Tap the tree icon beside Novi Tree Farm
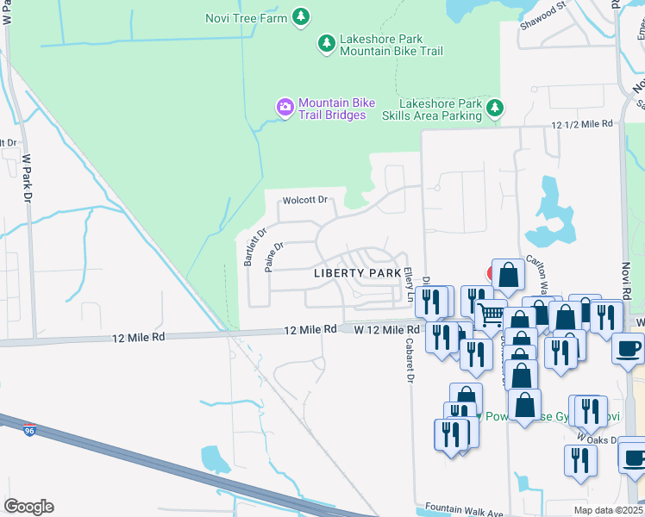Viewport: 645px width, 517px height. [x=300, y=16]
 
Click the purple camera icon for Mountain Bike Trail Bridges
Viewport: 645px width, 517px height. [x=285, y=108]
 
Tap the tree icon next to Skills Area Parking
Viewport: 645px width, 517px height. [x=494, y=108]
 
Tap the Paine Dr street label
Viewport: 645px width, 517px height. [x=274, y=256]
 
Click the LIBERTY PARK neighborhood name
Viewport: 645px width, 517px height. [x=356, y=273]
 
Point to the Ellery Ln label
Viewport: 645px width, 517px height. [x=408, y=283]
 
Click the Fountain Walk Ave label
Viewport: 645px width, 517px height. [x=458, y=510]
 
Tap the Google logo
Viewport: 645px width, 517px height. [x=28, y=506]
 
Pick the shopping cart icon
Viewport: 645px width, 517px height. [x=490, y=316]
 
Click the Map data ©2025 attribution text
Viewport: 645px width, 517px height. [x=608, y=510]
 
